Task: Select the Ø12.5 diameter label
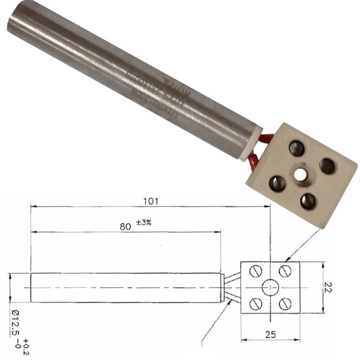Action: click(x=15, y=323)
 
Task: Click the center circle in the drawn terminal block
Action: click(x=270, y=287)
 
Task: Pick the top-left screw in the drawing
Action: click(x=255, y=272)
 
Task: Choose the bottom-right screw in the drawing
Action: click(x=285, y=304)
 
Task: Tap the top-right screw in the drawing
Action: click(x=285, y=271)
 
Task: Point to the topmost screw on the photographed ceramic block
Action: click(x=297, y=146)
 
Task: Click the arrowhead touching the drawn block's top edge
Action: click(x=288, y=260)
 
